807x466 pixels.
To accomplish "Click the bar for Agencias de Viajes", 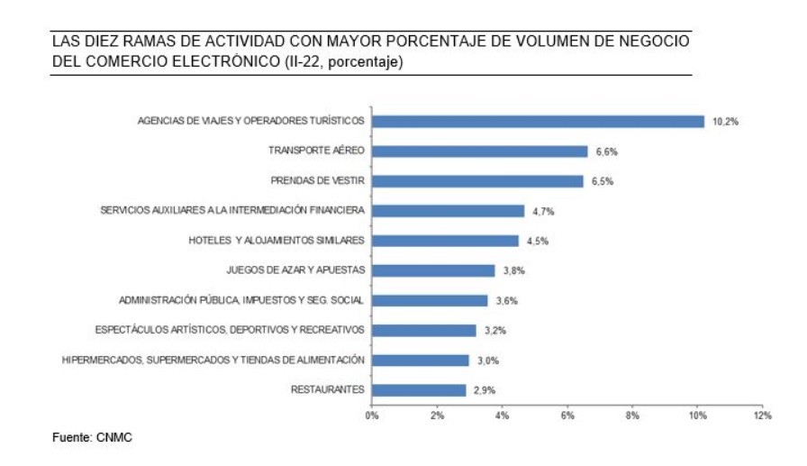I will coord(538,122).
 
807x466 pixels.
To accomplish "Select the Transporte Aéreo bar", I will coord(479,151).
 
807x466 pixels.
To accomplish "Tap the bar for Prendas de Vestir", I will coord(477,181).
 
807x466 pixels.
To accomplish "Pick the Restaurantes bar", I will coord(419,390).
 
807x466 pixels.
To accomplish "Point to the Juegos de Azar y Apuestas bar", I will coord(433,270).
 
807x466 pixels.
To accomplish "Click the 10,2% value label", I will coord(725,122).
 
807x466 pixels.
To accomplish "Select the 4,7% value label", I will coord(542,211).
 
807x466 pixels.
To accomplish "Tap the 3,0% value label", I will coord(487,361).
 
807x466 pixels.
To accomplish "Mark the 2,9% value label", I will coord(484,390).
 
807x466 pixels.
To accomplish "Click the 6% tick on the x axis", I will coord(567,416).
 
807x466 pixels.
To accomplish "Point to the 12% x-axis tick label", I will coord(763,416).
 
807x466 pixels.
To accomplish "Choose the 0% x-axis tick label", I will coord(371,416).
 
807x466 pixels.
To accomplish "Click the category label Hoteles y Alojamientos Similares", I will coord(277,241).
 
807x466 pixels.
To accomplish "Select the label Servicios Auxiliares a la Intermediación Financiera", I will coord(231,211).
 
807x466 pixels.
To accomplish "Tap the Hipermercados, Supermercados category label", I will coord(213,361).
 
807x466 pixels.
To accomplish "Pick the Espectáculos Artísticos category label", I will coord(230,330).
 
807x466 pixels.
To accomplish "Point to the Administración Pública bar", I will coord(430,300).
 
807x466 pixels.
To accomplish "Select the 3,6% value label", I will coord(507,300).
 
